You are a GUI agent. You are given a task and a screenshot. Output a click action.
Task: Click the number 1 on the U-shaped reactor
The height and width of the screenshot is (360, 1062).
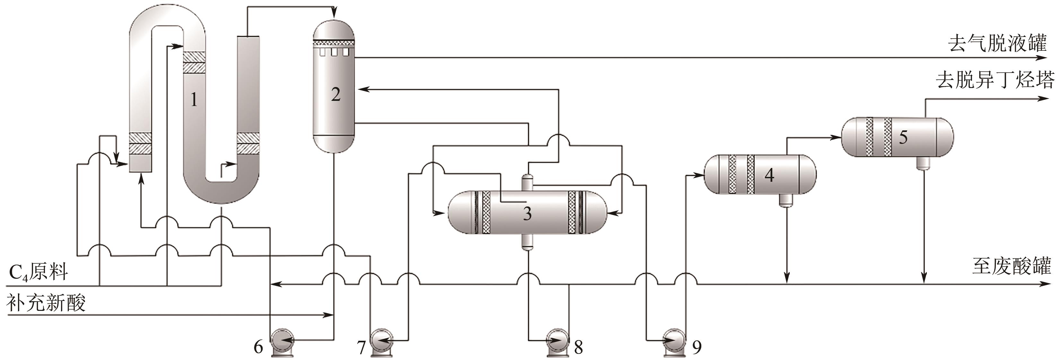click(x=194, y=99)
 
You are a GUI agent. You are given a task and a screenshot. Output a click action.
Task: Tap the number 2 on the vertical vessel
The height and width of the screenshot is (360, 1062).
click(x=336, y=94)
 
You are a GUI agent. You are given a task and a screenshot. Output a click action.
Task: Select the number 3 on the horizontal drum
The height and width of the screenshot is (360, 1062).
click(x=527, y=214)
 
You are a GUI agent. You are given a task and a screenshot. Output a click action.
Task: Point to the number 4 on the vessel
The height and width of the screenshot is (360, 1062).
click(x=769, y=175)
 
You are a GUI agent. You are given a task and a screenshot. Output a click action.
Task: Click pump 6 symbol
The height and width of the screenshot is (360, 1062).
click(x=281, y=341)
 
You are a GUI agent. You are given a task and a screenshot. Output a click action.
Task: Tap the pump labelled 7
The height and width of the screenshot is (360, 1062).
click(x=382, y=341)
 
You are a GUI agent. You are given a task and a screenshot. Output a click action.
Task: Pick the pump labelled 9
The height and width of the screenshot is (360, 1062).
click(x=674, y=341)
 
